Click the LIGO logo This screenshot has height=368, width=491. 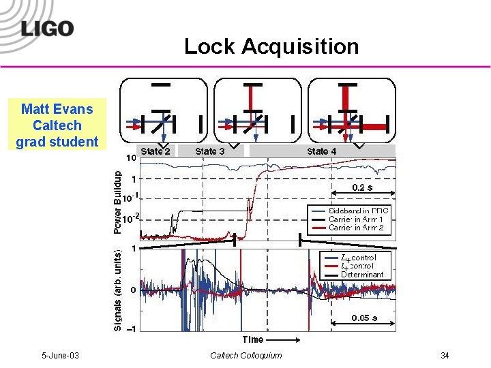tap(47, 29)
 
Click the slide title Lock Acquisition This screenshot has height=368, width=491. tap(271, 46)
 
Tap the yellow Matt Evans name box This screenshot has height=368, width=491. tap(57, 125)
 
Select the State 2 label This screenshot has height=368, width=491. tap(155, 151)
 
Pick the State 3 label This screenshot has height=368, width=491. tap(210, 151)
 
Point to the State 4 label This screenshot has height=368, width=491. tap(322, 151)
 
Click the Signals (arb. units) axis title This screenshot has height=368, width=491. tap(117, 289)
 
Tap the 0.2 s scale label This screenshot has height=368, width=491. tap(363, 187)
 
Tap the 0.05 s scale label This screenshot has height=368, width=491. tap(365, 317)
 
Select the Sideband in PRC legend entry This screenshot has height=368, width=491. tap(359, 211)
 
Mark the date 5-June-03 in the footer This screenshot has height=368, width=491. tap(60, 356)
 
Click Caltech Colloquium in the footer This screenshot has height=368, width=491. tap(245, 356)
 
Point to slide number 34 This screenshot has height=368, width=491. tap(445, 356)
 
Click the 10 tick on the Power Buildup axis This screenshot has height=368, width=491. tap(132, 157)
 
